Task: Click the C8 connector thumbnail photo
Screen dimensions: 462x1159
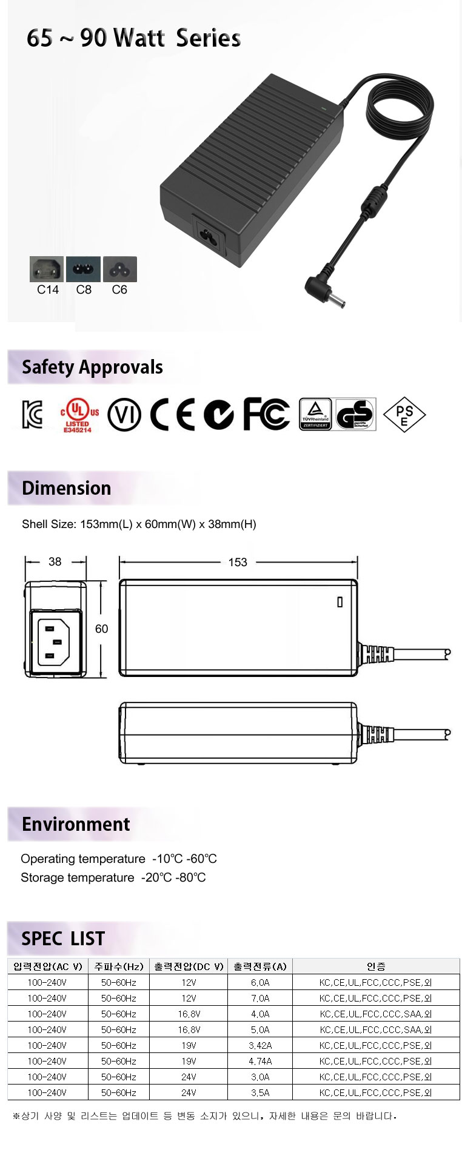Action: pyautogui.click(x=83, y=269)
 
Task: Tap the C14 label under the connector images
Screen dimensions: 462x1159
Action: pyautogui.click(x=48, y=289)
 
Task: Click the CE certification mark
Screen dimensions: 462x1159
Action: pyautogui.click(x=173, y=415)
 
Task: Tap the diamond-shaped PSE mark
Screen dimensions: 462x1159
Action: pyautogui.click(x=404, y=415)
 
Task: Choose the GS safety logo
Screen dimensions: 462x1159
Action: pyautogui.click(x=356, y=415)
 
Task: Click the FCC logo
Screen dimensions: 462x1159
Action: pyautogui.click(x=266, y=414)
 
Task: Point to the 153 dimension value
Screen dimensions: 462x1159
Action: pyautogui.click(x=238, y=563)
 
